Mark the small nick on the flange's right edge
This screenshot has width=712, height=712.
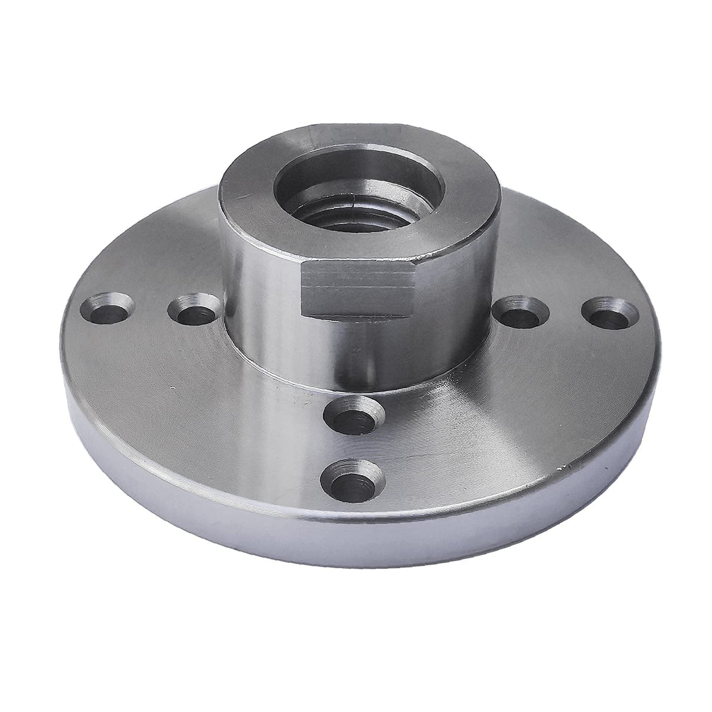tap(564, 467)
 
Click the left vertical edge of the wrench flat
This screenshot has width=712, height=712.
tap(303, 289)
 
